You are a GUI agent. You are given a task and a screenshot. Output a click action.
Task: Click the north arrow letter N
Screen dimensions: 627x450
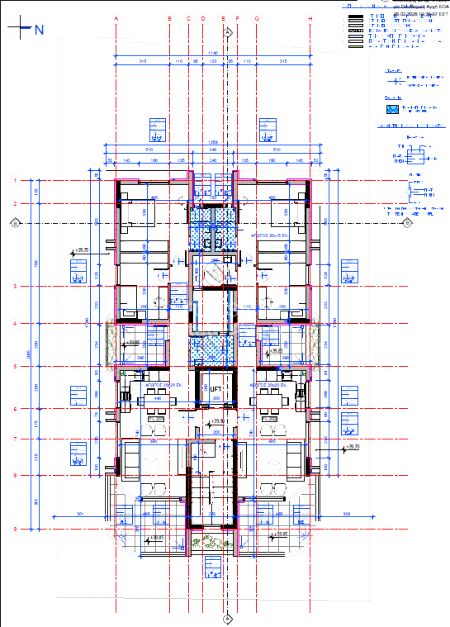[39, 30]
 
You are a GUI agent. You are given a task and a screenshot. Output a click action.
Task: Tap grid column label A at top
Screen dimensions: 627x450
[117, 18]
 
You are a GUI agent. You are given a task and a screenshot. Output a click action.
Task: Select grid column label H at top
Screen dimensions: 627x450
[310, 18]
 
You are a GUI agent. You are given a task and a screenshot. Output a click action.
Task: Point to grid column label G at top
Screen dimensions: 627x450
[257, 18]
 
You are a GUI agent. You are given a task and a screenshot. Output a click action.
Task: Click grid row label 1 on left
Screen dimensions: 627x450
[15, 180]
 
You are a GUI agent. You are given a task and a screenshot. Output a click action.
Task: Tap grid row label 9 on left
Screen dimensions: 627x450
[15, 529]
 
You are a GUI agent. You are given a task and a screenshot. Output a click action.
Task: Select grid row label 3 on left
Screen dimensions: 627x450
[15, 287]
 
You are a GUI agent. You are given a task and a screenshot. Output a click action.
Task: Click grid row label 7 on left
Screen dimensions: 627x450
[15, 438]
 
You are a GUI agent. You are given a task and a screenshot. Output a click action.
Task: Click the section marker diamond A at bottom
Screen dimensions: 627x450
[228, 617]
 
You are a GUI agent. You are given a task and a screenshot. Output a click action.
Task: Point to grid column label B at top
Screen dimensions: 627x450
[170, 18]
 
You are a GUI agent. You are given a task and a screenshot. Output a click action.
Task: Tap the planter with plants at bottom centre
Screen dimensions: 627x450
[212, 543]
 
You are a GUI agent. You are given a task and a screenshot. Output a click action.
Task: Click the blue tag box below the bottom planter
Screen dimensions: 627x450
[212, 568]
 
